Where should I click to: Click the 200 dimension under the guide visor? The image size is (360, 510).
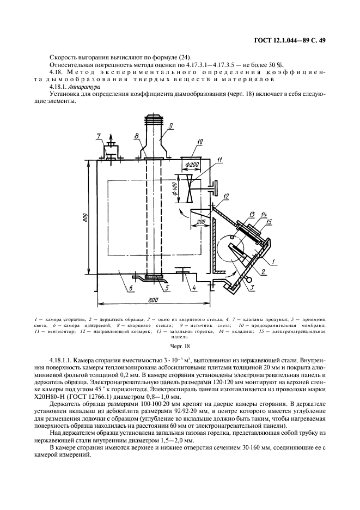[x=202, y=222]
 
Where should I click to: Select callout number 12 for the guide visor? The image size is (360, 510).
[x=225, y=196]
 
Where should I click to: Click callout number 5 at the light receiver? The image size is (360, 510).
[x=167, y=288]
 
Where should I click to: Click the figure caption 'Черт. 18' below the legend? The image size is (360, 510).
[x=180, y=345]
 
